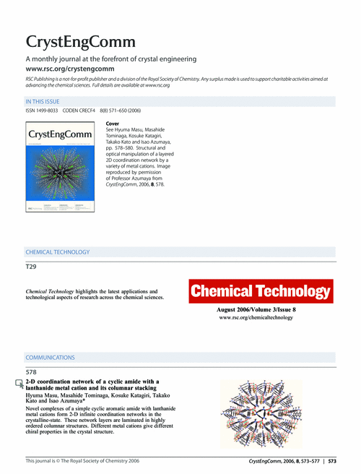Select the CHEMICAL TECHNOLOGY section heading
[58, 252]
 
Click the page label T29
[30, 267]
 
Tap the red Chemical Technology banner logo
[261, 293]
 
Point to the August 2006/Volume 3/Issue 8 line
[261, 310]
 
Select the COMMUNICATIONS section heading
[51, 357]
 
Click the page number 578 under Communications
[31, 371]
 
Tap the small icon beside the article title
[19, 384]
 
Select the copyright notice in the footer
[87, 460]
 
